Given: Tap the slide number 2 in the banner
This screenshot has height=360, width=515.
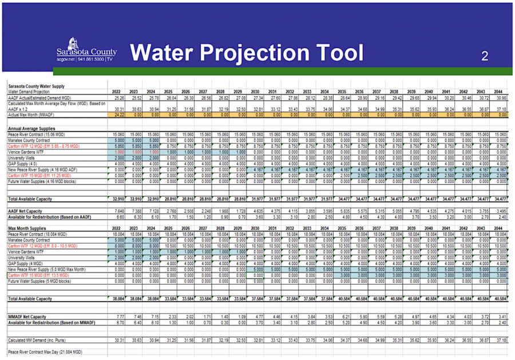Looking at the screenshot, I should pos(485,56).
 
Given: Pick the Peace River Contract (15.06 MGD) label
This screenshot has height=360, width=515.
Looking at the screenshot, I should pos(35,134).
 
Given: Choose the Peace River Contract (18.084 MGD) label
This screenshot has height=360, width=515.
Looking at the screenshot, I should pos(36,234).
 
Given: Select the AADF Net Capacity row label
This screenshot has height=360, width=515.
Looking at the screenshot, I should pos(27,211).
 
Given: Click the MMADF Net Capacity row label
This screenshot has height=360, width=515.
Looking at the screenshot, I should pos(29,316).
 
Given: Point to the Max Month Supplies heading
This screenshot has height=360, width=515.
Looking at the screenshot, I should pos(28,228).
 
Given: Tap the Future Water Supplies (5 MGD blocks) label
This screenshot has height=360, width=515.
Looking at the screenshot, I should pos(40,281).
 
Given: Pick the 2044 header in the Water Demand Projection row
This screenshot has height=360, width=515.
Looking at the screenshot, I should pos(499,92).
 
